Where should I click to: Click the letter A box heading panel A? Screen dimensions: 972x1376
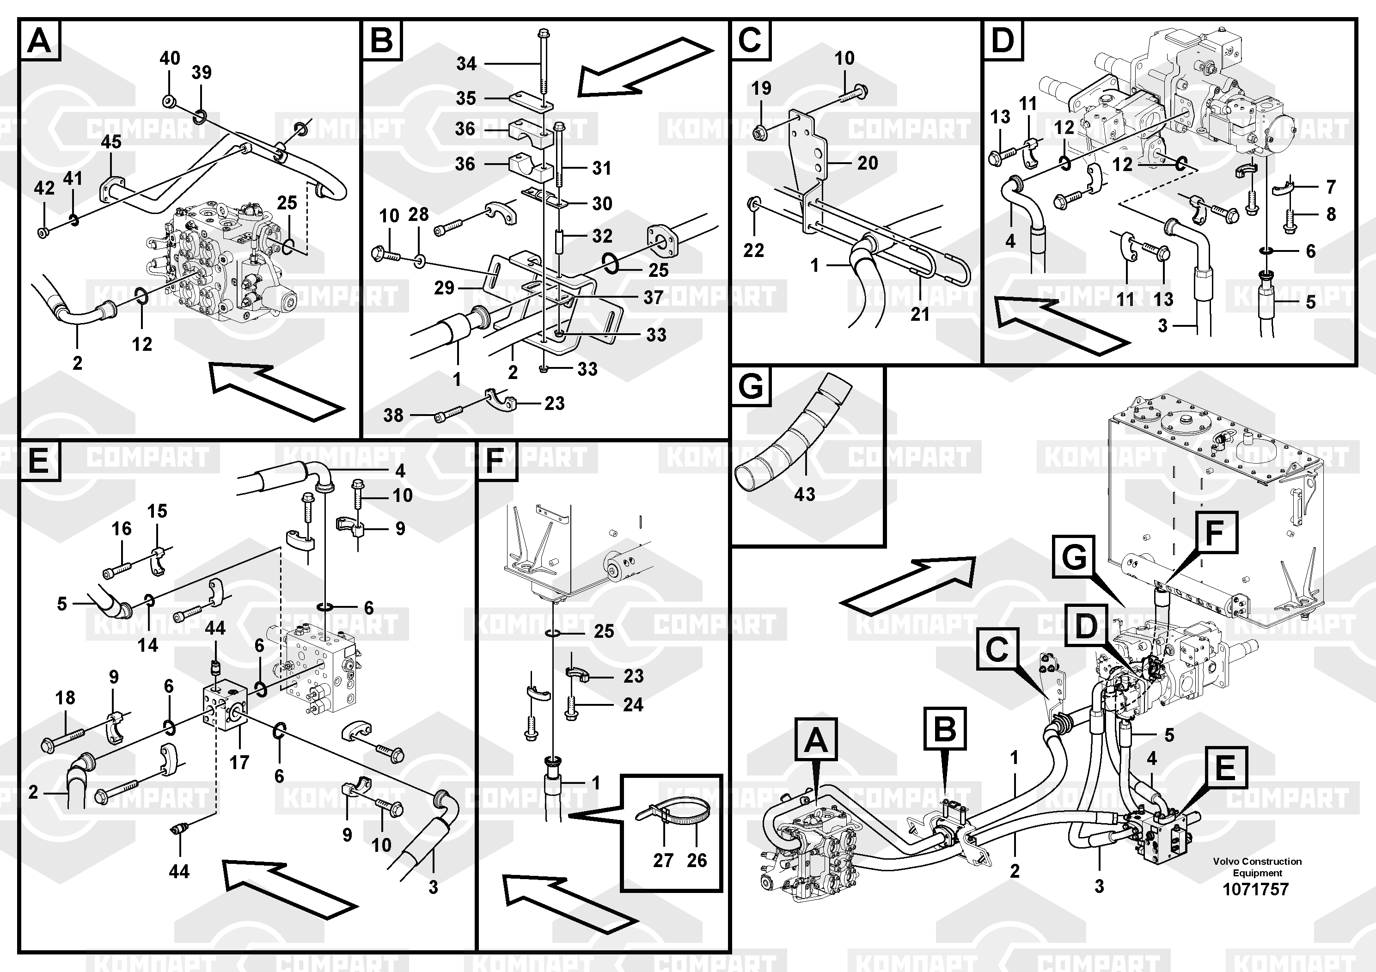pos(40,41)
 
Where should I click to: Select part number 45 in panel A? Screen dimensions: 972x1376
pos(111,142)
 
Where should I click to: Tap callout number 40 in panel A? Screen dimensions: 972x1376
pos(170,59)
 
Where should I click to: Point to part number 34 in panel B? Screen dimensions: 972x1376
pos(466,63)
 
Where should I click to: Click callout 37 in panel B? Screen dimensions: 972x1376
pos(653,297)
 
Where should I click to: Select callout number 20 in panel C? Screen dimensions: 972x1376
pos(867,163)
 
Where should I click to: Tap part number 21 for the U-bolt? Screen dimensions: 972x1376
pos(920,313)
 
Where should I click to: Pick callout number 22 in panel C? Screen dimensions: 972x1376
pos(753,251)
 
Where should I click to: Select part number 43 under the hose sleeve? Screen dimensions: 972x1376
pos(804,495)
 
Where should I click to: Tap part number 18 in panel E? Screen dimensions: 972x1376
pos(65,697)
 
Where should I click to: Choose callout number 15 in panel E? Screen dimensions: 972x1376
pos(157,511)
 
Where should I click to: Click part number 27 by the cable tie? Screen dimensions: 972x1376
pos(663,861)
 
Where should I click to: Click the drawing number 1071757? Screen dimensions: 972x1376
pos(1255,889)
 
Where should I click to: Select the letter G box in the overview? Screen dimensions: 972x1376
pos(1074,558)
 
